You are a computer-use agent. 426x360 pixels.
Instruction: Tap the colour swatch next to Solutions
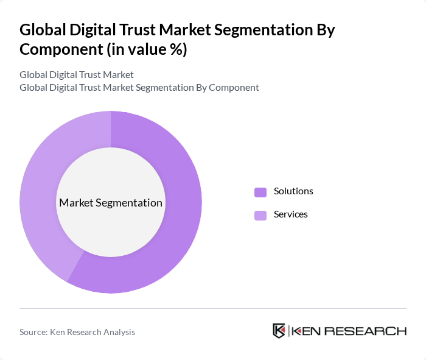click(x=260, y=192)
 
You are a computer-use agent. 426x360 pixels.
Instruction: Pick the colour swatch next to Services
click(x=260, y=215)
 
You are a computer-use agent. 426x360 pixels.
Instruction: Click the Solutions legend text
click(x=293, y=191)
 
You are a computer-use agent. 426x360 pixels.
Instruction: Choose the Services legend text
click(x=291, y=214)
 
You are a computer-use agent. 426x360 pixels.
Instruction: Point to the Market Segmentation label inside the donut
click(x=111, y=203)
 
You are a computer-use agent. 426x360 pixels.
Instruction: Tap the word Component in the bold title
click(x=59, y=49)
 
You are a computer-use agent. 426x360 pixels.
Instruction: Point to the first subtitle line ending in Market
click(x=77, y=74)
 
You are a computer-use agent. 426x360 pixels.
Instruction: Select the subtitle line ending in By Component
click(x=139, y=87)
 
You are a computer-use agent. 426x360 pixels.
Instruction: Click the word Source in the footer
click(x=34, y=332)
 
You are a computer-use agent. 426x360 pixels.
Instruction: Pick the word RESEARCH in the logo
click(x=366, y=331)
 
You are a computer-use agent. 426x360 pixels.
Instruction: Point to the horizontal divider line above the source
click(x=213, y=308)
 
